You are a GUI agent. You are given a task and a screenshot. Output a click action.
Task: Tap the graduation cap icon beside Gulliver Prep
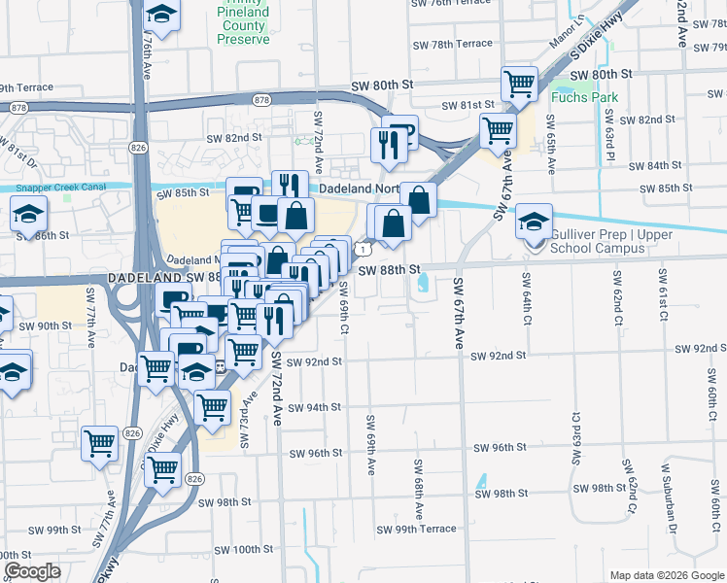click(534, 221)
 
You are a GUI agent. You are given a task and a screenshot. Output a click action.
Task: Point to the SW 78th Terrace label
click(453, 44)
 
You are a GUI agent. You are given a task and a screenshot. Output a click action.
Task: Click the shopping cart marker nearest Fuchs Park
click(519, 84)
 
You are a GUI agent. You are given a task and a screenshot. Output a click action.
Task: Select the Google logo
click(32, 571)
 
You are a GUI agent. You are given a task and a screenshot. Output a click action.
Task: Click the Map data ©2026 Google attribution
click(665, 575)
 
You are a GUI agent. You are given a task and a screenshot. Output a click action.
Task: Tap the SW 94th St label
click(314, 408)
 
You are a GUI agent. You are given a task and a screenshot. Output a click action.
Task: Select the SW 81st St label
click(469, 105)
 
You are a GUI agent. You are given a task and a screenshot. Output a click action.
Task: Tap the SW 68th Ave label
click(419, 487)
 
